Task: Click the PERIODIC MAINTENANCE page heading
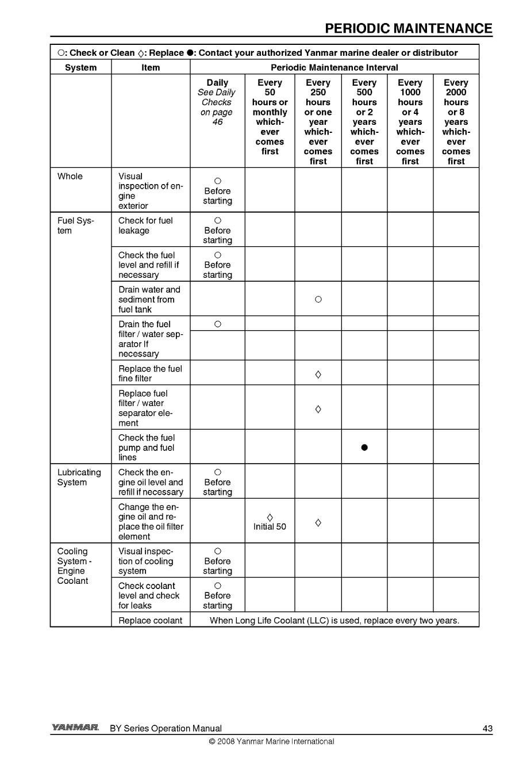(408, 29)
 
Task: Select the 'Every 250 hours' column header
(318, 122)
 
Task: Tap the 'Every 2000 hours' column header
(456, 122)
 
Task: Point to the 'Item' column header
(151, 67)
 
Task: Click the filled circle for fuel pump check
(364, 447)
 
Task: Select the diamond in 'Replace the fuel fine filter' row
(318, 374)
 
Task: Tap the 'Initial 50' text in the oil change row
(270, 527)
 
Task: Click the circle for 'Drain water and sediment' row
(318, 300)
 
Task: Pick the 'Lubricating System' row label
(79, 477)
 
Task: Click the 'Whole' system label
(70, 177)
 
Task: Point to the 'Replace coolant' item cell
(150, 621)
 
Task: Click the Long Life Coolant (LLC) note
(334, 621)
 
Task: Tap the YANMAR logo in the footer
(75, 728)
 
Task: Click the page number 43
(487, 728)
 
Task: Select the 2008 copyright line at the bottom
(271, 741)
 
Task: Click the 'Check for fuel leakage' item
(145, 225)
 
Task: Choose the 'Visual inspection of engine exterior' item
(150, 191)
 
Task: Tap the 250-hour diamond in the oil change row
(318, 522)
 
